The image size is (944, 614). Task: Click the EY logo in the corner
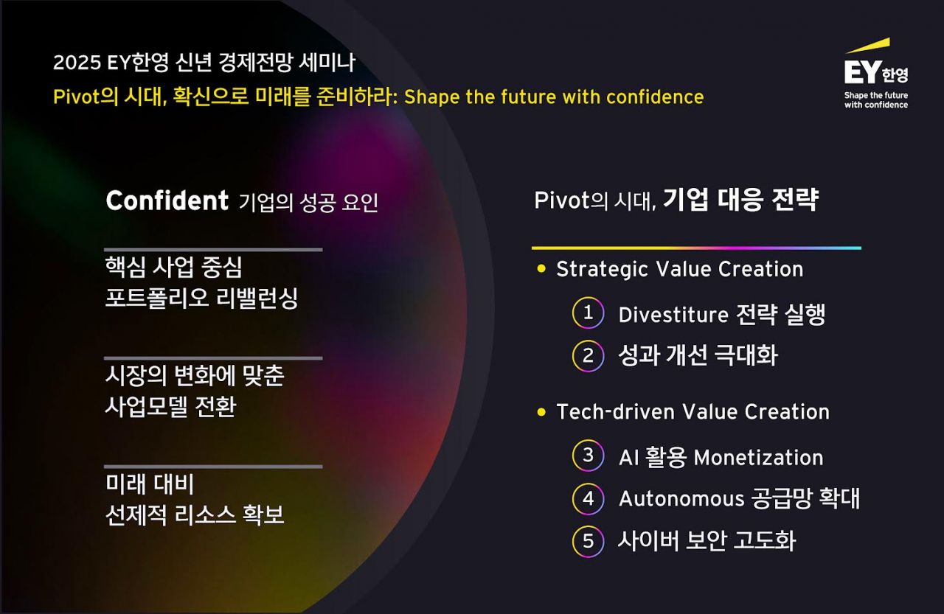pyautogui.click(x=876, y=68)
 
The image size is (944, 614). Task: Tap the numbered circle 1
pyautogui.click(x=588, y=313)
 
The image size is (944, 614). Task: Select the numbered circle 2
pyautogui.click(x=588, y=356)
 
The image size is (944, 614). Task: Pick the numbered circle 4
pyautogui.click(x=588, y=499)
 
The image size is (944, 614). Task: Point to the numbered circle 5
pyautogui.click(x=588, y=542)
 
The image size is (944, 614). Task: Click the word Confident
pyautogui.click(x=167, y=200)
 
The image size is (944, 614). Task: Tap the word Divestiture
pyautogui.click(x=673, y=315)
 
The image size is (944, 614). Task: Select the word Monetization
pyautogui.click(x=758, y=458)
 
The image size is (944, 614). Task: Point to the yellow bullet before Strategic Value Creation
pyautogui.click(x=542, y=269)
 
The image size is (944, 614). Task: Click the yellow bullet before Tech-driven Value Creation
pyautogui.click(x=542, y=411)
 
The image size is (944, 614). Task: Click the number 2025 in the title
pyautogui.click(x=77, y=63)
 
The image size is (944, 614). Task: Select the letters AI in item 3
pyautogui.click(x=629, y=458)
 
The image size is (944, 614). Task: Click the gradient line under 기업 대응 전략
pyautogui.click(x=695, y=248)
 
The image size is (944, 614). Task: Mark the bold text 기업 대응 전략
pyautogui.click(x=740, y=200)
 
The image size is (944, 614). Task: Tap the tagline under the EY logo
pyautogui.click(x=876, y=100)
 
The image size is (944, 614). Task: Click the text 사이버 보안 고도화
pyautogui.click(x=707, y=542)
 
